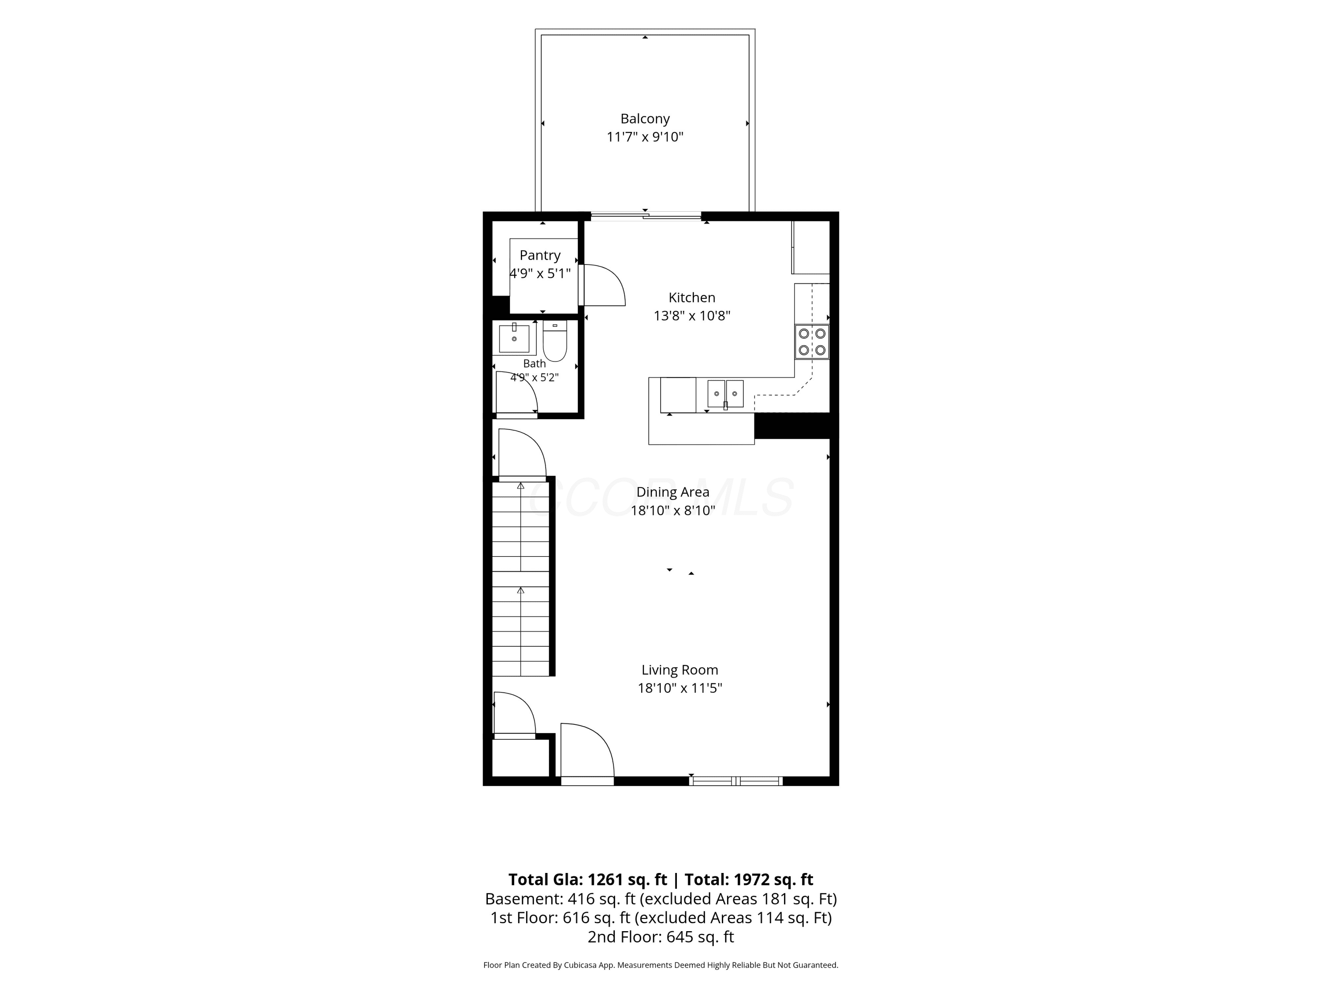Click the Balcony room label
(x=645, y=119)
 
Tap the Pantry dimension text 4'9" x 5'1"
(x=540, y=274)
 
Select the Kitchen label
(x=691, y=297)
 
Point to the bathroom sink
(x=514, y=339)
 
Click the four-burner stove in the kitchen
(x=812, y=341)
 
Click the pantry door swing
(x=604, y=285)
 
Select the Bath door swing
(x=517, y=392)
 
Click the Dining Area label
(x=673, y=492)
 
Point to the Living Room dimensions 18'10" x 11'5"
(x=680, y=688)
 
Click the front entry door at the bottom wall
(x=587, y=753)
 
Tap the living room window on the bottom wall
(x=736, y=780)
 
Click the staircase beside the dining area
(x=520, y=579)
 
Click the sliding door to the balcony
(x=646, y=216)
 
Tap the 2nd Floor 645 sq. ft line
(x=661, y=937)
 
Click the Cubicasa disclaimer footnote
(x=661, y=965)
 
